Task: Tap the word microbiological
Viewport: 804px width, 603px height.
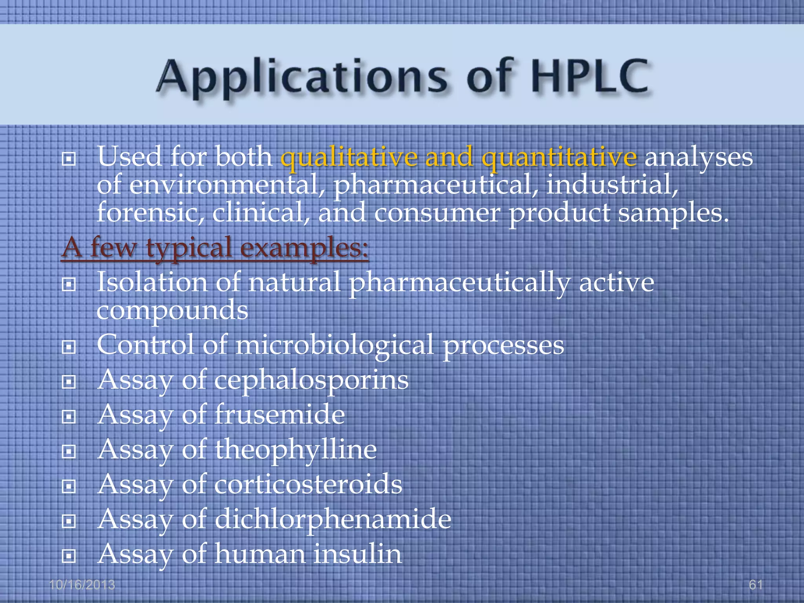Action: click(334, 345)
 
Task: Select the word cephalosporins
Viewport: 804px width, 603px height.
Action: click(311, 380)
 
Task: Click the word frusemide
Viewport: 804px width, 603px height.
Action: click(280, 415)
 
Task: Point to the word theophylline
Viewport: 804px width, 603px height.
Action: click(296, 450)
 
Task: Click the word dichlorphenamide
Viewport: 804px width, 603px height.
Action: click(333, 519)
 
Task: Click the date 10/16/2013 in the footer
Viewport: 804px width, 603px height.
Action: click(82, 585)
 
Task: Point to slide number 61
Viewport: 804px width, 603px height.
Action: click(756, 585)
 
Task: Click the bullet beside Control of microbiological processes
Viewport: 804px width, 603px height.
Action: click(69, 347)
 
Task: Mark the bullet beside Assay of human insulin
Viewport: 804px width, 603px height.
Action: click(69, 555)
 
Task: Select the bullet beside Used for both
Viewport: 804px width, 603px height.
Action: click(69, 159)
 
